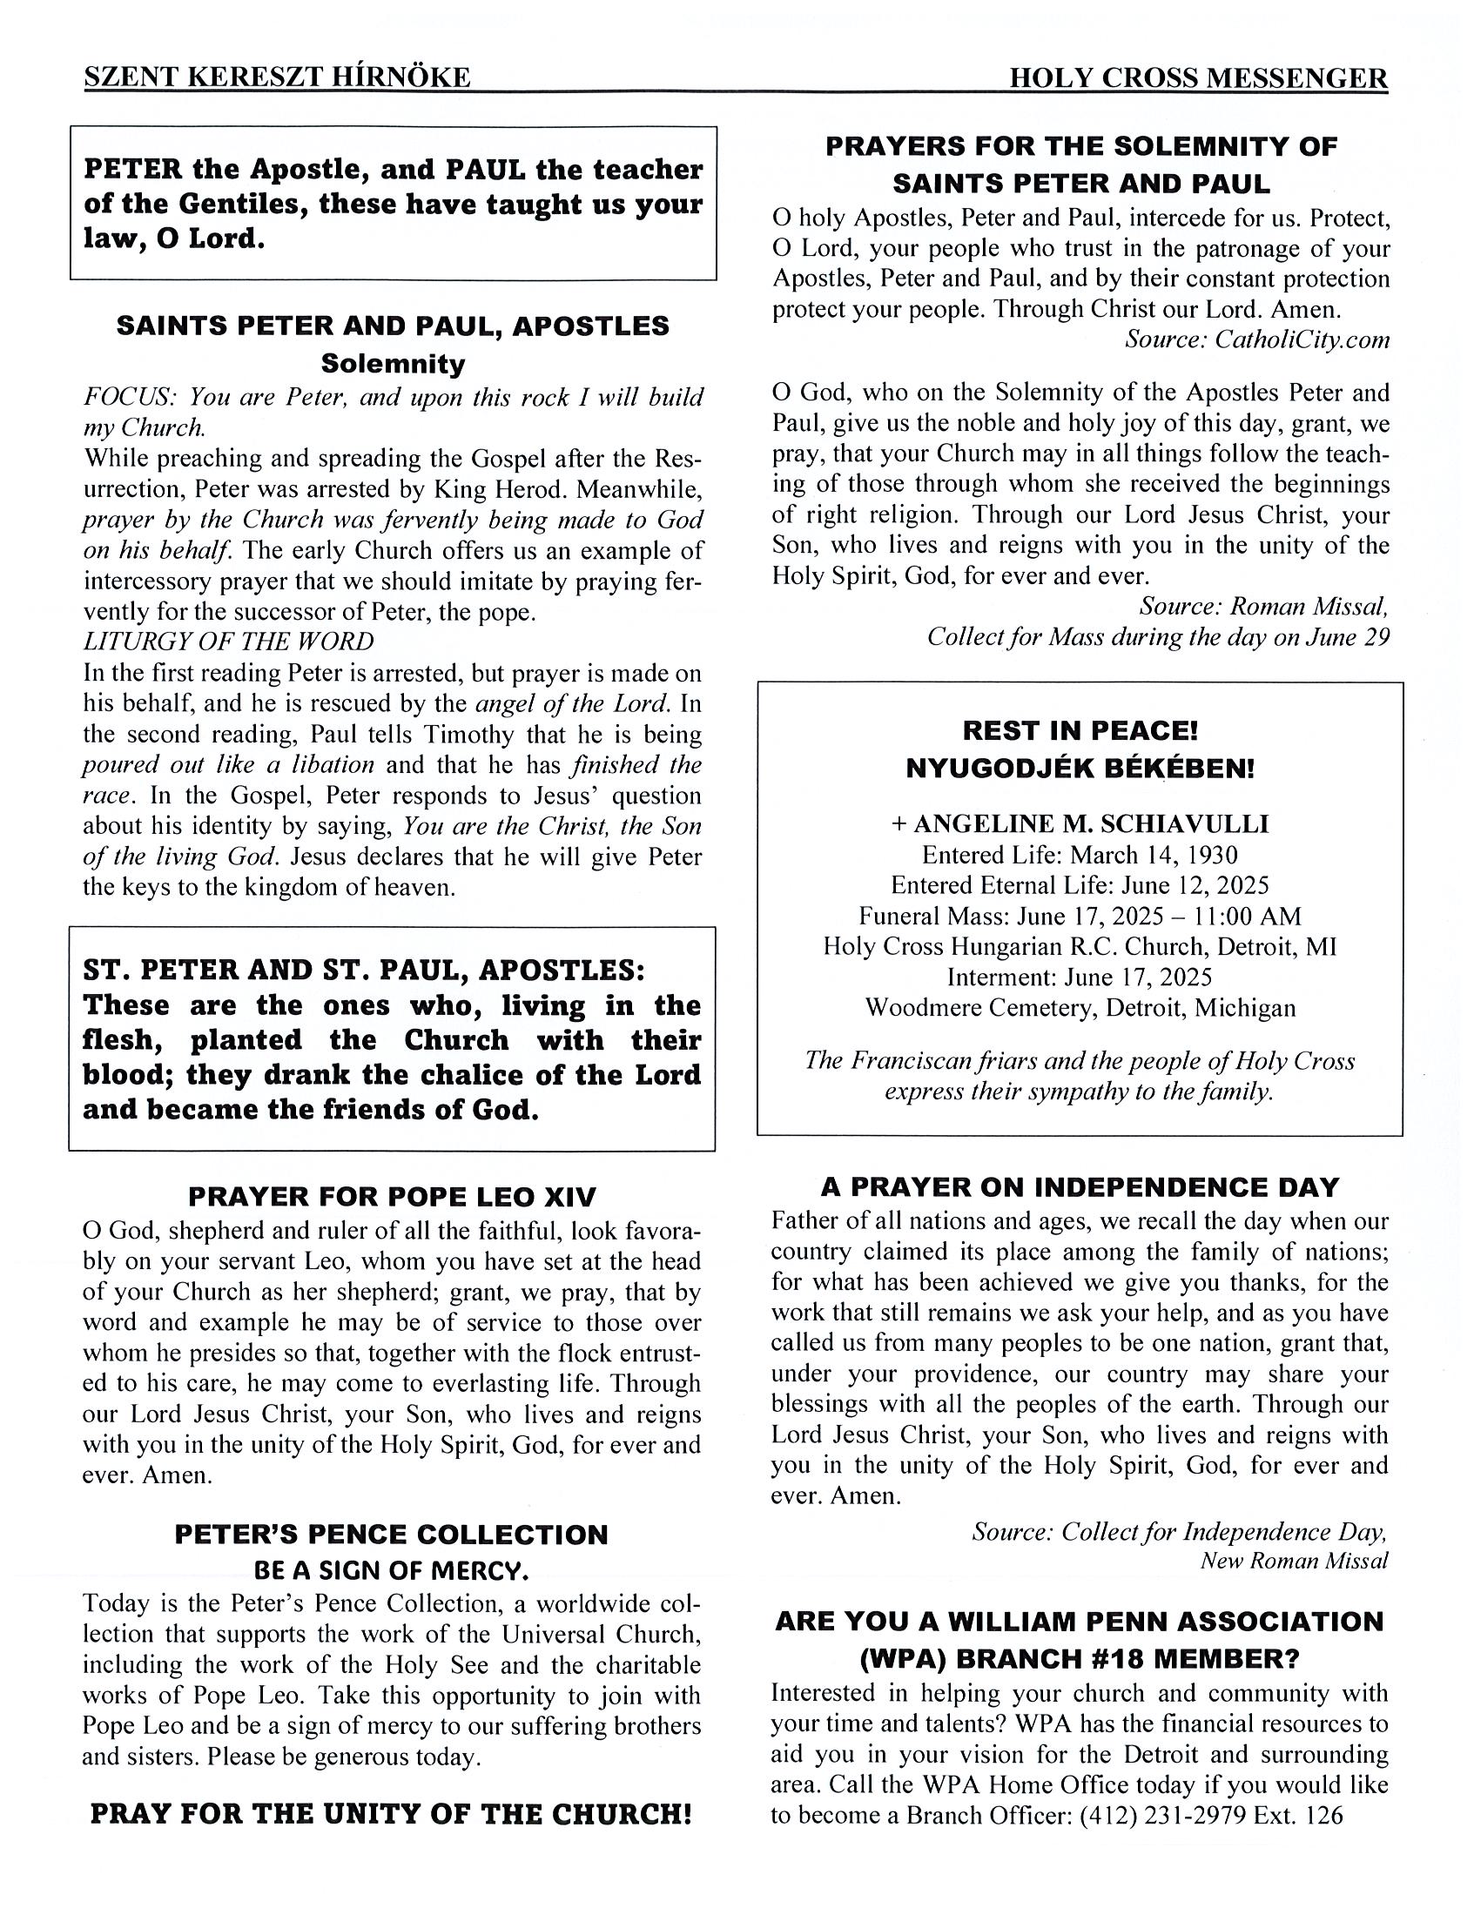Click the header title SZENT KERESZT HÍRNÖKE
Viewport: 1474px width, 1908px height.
click(277, 78)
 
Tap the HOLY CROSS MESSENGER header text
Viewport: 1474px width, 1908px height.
click(1198, 78)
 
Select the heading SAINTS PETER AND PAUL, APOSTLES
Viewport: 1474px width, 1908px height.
click(393, 326)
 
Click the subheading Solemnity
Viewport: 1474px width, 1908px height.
click(393, 364)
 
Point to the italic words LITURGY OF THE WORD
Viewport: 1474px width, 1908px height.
click(228, 642)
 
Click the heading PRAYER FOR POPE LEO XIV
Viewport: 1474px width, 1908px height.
click(393, 1196)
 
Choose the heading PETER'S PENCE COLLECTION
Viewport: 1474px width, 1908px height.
click(392, 1535)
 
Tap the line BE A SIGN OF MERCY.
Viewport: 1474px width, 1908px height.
click(392, 1572)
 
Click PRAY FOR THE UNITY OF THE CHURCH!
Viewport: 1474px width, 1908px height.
click(392, 1815)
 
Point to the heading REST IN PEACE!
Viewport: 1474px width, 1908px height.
click(1080, 730)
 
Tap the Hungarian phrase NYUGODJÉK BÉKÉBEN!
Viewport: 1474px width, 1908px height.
click(1080, 769)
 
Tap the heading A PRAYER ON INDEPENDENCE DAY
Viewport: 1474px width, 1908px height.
click(1080, 1187)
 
